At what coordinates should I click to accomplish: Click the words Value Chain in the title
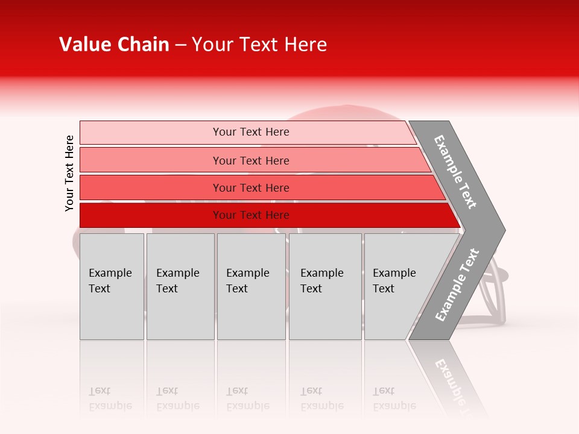pyautogui.click(x=114, y=45)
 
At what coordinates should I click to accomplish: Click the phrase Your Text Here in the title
pyautogui.click(x=259, y=45)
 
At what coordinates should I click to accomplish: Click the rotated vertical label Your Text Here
pyautogui.click(x=69, y=173)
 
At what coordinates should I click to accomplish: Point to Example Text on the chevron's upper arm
pyautogui.click(x=455, y=172)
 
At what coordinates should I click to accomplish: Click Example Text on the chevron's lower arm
pyautogui.click(x=457, y=285)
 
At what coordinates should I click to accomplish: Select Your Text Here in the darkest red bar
pyautogui.click(x=251, y=215)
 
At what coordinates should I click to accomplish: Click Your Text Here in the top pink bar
pyautogui.click(x=251, y=132)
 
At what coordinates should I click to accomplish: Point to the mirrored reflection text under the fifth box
pyautogui.click(x=394, y=399)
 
